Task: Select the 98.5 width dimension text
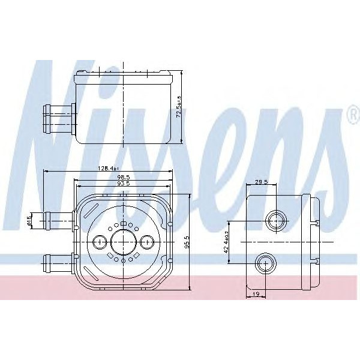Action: [x=124, y=177]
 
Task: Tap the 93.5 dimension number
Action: [x=124, y=183]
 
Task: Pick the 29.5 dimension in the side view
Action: [x=261, y=182]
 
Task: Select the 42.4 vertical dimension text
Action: [x=227, y=242]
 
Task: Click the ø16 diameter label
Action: [x=28, y=220]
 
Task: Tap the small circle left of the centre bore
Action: [x=100, y=242]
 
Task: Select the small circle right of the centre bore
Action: [x=147, y=242]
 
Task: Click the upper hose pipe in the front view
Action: [x=57, y=220]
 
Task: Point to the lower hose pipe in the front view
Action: [x=57, y=262]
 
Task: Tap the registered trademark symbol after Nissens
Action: [x=352, y=115]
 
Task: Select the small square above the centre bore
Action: [x=123, y=224]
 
